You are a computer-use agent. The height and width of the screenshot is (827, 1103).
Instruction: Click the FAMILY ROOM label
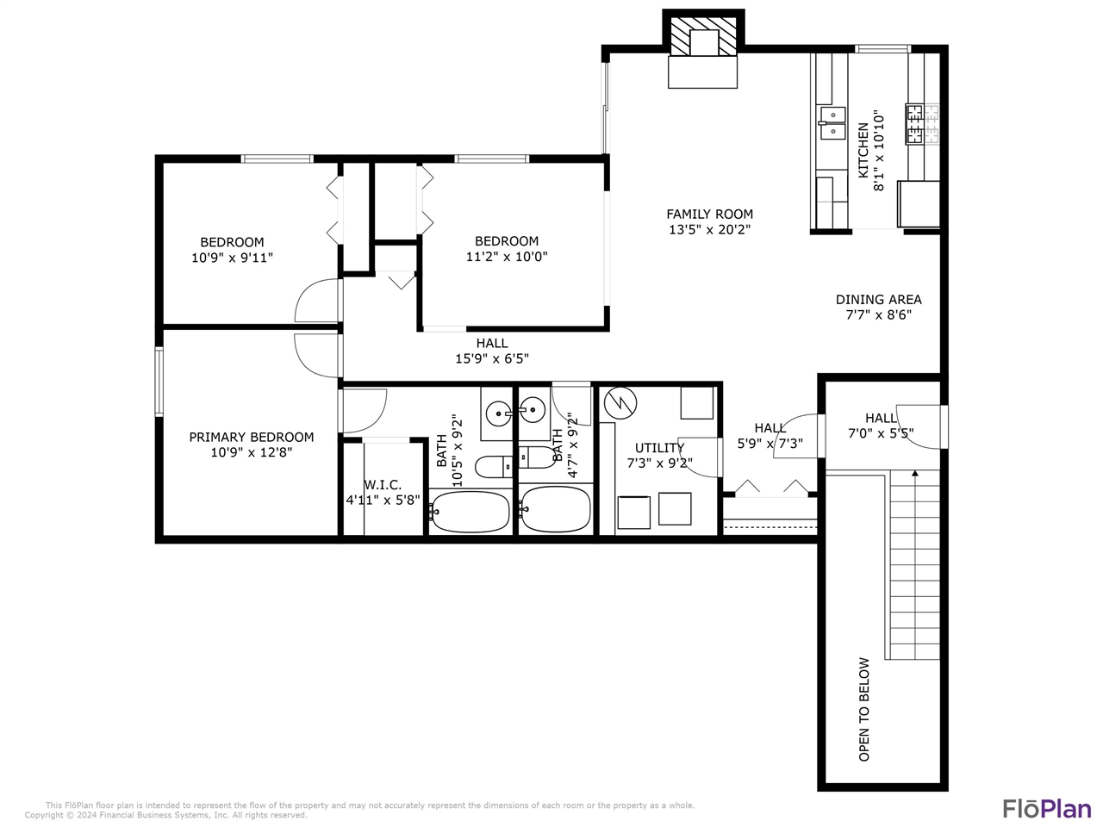709,214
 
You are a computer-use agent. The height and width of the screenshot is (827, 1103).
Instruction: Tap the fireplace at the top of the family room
703,51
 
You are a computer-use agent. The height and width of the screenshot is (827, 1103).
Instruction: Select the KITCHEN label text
863,150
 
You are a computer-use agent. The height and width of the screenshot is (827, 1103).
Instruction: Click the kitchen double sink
832,123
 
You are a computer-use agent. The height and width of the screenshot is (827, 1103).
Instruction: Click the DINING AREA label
878,300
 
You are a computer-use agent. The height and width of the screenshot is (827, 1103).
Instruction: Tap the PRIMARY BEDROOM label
252,437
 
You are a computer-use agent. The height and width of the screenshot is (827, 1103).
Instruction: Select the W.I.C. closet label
383,485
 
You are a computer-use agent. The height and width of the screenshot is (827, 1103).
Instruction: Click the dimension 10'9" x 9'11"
232,257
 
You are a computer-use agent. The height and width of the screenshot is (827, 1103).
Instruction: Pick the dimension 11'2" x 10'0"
507,256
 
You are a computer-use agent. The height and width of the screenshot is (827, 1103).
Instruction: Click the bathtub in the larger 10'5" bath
470,511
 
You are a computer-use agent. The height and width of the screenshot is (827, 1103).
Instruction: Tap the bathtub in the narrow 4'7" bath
556,509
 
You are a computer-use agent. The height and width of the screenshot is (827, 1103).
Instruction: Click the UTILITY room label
659,448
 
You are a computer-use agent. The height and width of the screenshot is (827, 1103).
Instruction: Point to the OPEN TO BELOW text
864,709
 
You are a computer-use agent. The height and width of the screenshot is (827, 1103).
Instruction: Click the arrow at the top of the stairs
914,473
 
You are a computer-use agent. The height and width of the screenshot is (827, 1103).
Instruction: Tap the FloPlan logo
1046,809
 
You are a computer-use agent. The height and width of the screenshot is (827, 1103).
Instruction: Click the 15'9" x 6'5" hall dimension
491,358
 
